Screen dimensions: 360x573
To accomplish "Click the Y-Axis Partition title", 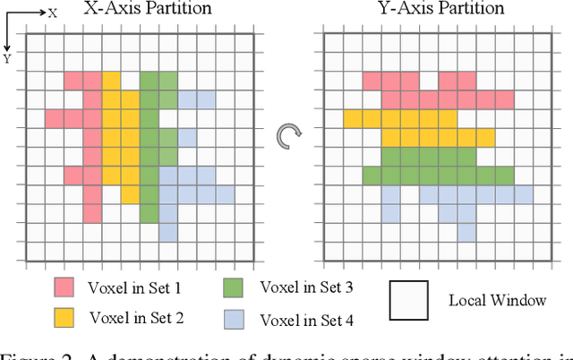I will pyautogui.click(x=431, y=10).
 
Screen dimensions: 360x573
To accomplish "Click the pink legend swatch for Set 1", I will pyautogui.click(x=64, y=287).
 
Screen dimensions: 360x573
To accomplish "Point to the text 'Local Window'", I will pyautogui.click(x=496, y=300).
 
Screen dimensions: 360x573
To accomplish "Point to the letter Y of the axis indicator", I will pyautogui.click(x=7, y=59).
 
